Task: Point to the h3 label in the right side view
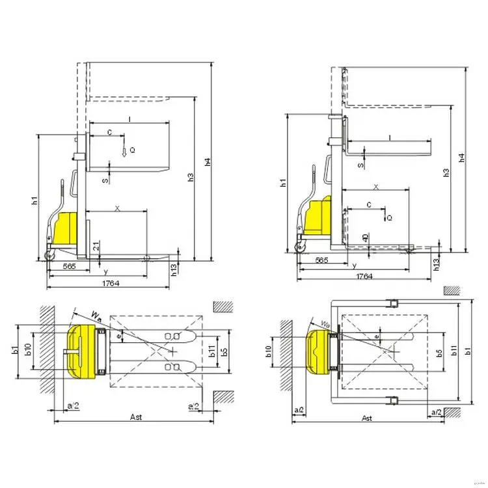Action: (446, 172)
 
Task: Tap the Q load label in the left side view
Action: (132, 150)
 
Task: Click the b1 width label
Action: (15, 351)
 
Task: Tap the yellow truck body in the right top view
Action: (319, 351)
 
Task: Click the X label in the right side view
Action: (375, 186)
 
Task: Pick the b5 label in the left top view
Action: (223, 351)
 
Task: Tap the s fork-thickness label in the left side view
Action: (105, 180)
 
